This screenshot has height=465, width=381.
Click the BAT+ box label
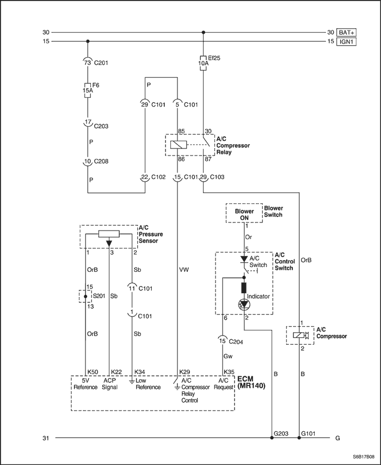(x=346, y=32)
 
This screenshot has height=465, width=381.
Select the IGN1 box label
(x=346, y=41)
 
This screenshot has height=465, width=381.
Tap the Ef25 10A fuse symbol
(x=203, y=63)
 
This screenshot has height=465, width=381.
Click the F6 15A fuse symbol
(x=88, y=90)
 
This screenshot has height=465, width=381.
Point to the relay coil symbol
(x=179, y=145)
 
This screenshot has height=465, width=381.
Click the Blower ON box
(x=244, y=213)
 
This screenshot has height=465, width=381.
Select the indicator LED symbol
(x=244, y=304)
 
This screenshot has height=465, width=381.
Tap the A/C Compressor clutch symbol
(x=301, y=335)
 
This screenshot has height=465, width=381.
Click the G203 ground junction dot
(x=272, y=437)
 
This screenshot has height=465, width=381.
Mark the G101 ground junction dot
(x=299, y=437)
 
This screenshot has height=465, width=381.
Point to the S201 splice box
(x=85, y=296)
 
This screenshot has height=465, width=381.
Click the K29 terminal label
(x=185, y=372)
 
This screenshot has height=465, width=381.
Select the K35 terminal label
(x=229, y=372)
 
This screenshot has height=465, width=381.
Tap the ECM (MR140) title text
(x=251, y=382)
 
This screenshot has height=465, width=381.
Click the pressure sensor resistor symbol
(x=109, y=234)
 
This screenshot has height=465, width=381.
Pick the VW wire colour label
(x=184, y=270)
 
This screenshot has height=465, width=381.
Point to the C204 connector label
(x=236, y=342)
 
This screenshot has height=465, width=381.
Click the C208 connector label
(x=101, y=162)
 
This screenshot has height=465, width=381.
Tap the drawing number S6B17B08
(x=364, y=456)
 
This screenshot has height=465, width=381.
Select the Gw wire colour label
(x=228, y=356)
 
